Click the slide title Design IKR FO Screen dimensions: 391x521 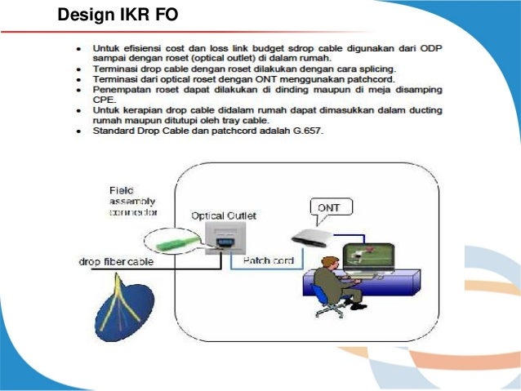coord(118,14)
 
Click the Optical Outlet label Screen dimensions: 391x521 coord(223,215)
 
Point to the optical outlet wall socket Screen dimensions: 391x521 coord(223,238)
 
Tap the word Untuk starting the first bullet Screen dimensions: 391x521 coord(106,48)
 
